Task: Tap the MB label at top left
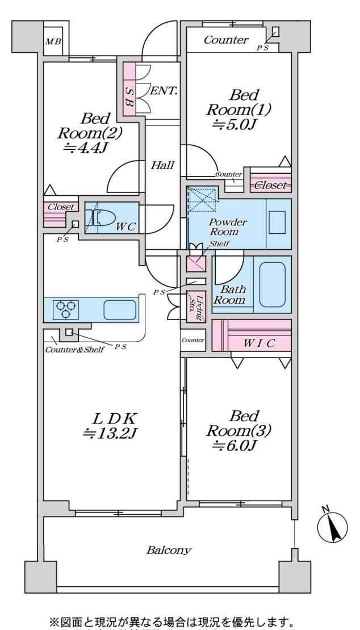(x=53, y=41)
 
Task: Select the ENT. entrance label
(x=165, y=90)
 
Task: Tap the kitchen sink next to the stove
(x=119, y=310)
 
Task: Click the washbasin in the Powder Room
(x=278, y=221)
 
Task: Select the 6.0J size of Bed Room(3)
(x=236, y=446)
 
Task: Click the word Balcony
(x=169, y=550)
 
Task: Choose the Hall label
(x=162, y=166)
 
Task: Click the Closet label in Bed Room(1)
(x=270, y=185)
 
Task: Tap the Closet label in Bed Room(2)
(x=60, y=207)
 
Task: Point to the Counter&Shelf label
(x=74, y=350)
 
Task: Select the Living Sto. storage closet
(x=195, y=308)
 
